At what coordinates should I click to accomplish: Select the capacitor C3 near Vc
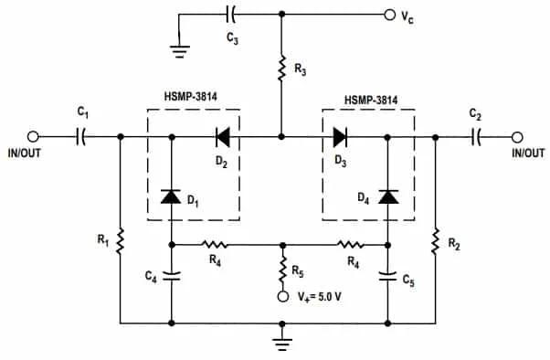pos(230,14)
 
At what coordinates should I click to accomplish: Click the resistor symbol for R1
pos(121,242)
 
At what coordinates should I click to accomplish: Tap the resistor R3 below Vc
pos(280,68)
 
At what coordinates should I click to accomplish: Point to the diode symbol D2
pos(221,137)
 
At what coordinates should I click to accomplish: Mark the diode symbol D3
pos(340,137)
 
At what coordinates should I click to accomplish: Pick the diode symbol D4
pos(389,196)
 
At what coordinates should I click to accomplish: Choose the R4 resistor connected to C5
pos(350,245)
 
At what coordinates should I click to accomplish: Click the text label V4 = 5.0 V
pos(323,297)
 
